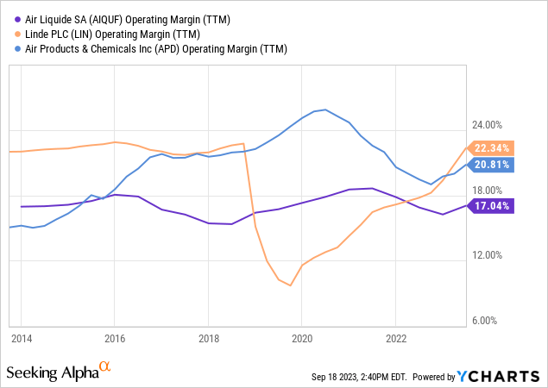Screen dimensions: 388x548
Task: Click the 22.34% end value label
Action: pos(493,147)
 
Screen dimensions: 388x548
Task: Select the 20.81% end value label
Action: pos(493,165)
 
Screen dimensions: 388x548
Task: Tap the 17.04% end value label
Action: pos(493,206)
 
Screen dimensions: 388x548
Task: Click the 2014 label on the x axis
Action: pos(21,337)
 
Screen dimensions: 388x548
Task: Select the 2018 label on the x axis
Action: pos(208,337)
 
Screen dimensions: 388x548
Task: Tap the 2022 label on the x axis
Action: pos(395,337)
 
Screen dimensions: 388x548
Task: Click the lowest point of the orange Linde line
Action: pos(290,285)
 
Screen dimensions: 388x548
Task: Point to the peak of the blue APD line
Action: pos(324,110)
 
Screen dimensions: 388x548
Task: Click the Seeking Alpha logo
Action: pos(59,372)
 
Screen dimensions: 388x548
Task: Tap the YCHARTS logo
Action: pos(500,376)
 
